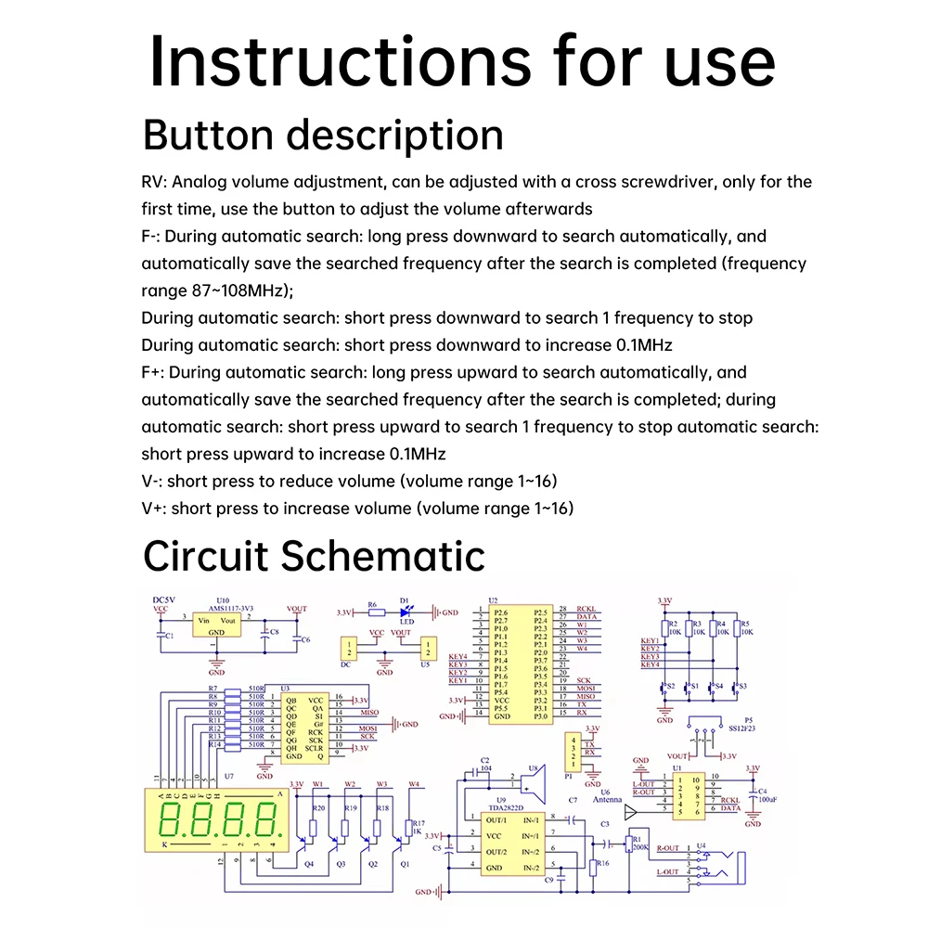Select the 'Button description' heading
pyautogui.click(x=323, y=135)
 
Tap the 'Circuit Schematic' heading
pyautogui.click(x=314, y=556)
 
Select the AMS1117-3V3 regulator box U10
pyautogui.click(x=216, y=626)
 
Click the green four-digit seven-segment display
pyautogui.click(x=223, y=820)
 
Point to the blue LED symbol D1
pyautogui.click(x=406, y=612)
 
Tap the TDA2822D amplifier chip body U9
pyautogui.click(x=507, y=844)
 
